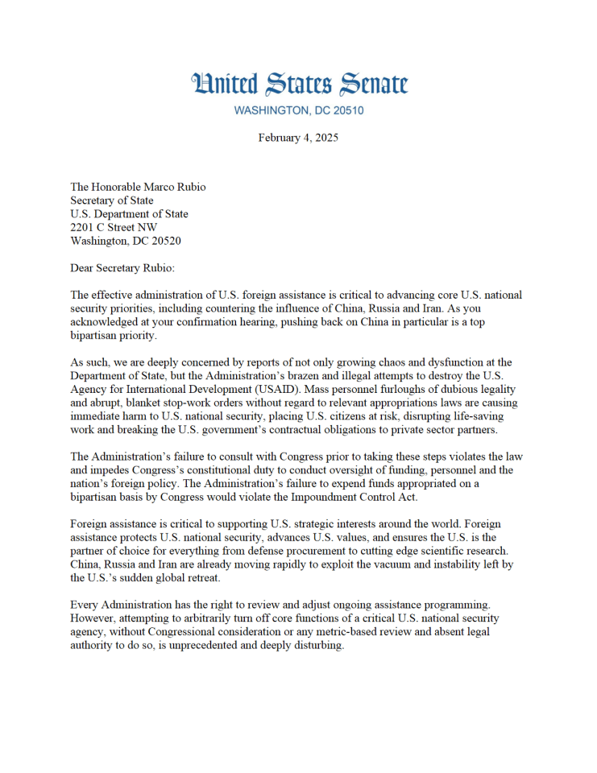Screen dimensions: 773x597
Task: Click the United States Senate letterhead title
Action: [x=299, y=84]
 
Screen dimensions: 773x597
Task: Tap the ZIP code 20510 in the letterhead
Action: [x=344, y=110]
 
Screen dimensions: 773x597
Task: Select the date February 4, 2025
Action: [x=298, y=138]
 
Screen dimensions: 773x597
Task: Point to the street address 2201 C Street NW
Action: [x=114, y=228]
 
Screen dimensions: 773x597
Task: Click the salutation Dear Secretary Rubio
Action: [x=123, y=268]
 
